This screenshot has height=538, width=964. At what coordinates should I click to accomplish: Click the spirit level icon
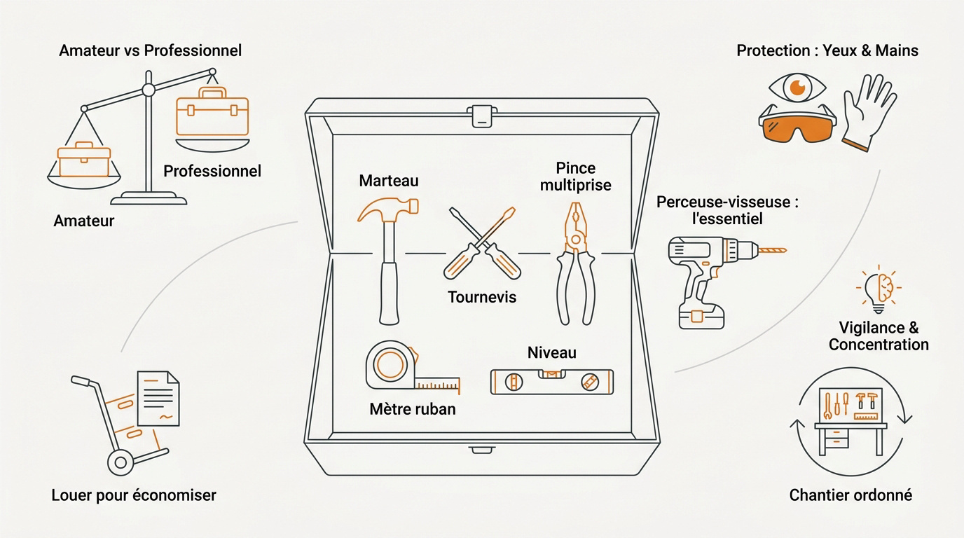click(551, 381)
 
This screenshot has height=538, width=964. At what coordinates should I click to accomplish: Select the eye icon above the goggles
click(797, 88)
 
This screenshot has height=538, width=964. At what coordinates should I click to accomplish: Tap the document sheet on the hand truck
click(158, 398)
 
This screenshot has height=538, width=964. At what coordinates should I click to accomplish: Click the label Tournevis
click(481, 297)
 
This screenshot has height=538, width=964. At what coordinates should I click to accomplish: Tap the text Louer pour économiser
click(134, 495)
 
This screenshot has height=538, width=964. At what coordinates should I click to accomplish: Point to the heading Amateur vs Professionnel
click(151, 50)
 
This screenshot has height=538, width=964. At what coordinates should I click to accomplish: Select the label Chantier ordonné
click(851, 495)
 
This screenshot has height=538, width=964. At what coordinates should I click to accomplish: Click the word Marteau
click(388, 181)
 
